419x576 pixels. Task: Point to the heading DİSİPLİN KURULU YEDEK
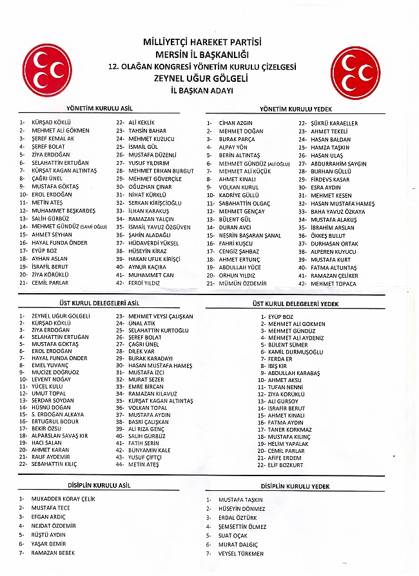point(295,486)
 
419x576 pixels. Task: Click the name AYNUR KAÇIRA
point(147,267)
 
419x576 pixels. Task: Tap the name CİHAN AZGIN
point(236,123)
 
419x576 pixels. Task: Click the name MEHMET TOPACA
point(333,283)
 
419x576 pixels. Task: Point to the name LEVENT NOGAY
point(52,379)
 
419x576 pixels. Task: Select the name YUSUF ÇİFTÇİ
point(145,457)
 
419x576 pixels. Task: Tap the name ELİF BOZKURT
point(288,465)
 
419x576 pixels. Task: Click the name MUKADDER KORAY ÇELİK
point(63,499)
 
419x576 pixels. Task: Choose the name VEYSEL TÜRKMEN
point(241,553)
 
